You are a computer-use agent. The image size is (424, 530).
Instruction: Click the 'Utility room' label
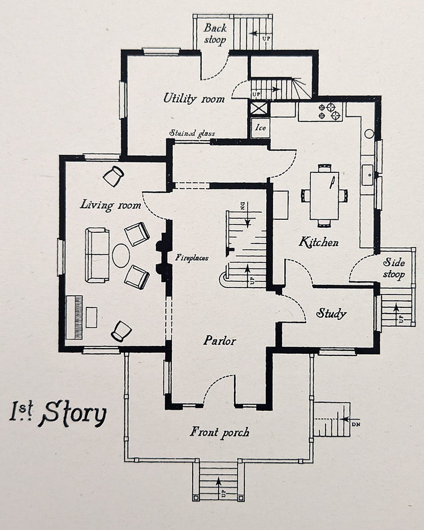(x=194, y=98)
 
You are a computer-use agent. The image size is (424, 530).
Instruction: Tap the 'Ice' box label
(x=261, y=128)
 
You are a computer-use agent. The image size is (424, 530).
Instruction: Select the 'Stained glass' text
(x=192, y=133)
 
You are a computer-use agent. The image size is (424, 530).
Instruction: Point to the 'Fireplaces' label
(x=192, y=258)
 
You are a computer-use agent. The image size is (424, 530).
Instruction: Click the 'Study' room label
(x=331, y=314)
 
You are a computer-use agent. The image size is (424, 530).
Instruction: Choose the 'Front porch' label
(x=219, y=432)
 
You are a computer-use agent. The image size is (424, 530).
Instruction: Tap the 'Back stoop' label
(x=215, y=34)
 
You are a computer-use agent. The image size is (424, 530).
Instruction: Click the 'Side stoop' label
(x=394, y=268)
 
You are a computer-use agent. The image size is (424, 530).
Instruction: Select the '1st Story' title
(x=58, y=413)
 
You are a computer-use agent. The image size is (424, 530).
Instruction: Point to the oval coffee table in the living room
(x=121, y=255)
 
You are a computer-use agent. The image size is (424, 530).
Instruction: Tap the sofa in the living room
(x=97, y=255)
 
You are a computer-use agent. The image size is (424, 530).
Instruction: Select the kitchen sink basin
(x=367, y=175)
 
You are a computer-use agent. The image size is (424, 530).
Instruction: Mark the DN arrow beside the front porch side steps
(x=345, y=419)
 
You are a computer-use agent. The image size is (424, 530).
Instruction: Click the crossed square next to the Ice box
(x=259, y=109)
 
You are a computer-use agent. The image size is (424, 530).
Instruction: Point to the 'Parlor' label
(x=220, y=340)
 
